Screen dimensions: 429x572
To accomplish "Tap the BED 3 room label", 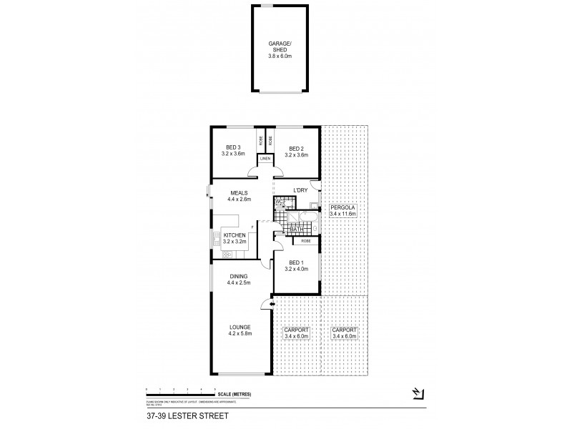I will tap(234, 148).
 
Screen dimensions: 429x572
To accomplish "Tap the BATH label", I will tap(296, 230).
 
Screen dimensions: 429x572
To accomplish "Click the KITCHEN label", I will tap(235, 235).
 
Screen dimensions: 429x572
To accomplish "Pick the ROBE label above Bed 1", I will tap(305, 241).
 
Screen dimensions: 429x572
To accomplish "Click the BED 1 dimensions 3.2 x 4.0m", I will tap(295, 270).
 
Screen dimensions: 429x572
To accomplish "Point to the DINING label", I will tap(239, 276).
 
